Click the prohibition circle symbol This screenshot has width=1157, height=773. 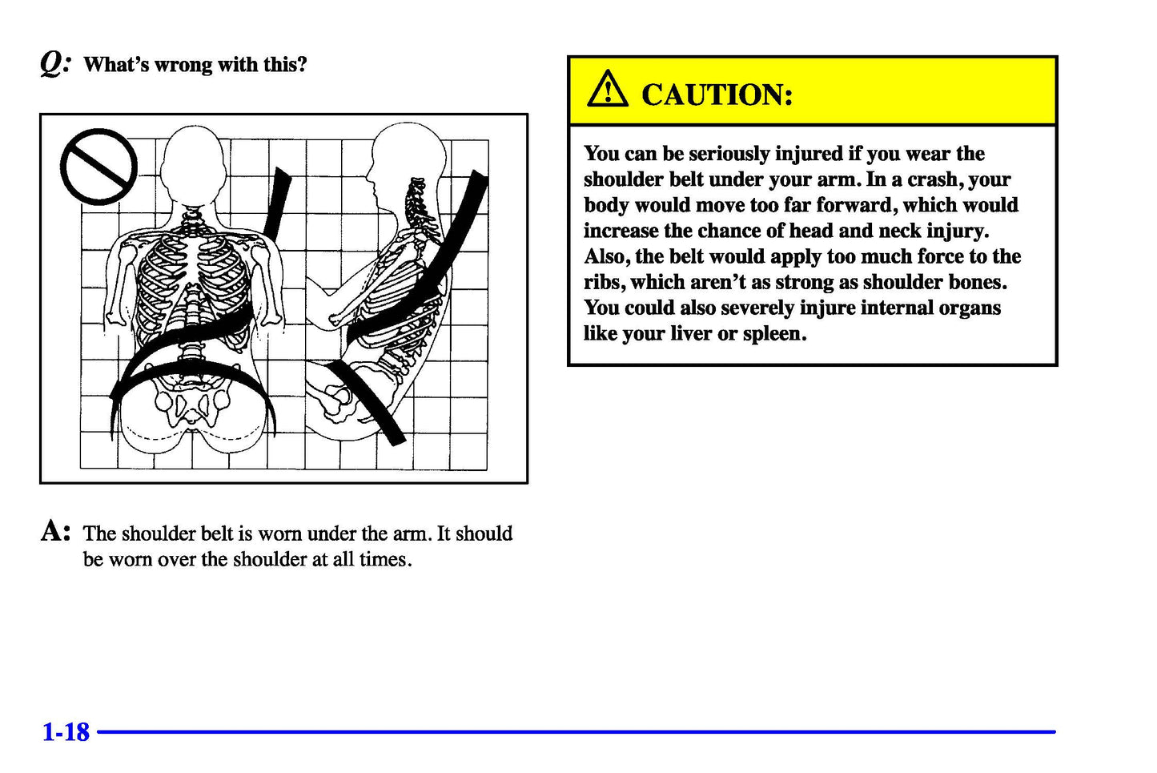(98, 167)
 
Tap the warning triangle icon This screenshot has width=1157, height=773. (608, 90)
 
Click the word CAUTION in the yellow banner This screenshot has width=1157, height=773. (717, 95)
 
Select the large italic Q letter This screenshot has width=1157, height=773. (54, 62)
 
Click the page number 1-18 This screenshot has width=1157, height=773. (66, 732)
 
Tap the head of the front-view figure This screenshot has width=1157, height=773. (192, 164)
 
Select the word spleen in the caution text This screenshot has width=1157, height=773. (773, 334)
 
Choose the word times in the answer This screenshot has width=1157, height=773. (384, 560)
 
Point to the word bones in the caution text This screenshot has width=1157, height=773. (977, 283)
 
